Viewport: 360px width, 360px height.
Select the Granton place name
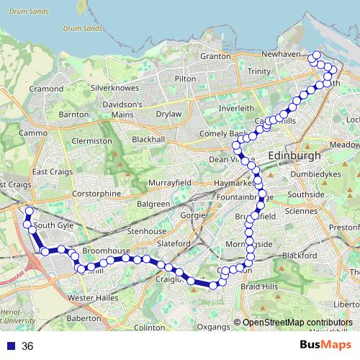(x=215, y=56)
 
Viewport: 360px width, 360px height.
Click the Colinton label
(x=150, y=327)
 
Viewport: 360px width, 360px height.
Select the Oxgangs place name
(x=212, y=327)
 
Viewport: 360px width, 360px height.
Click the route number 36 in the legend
(x=27, y=346)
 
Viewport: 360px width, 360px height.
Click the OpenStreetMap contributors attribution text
(x=297, y=323)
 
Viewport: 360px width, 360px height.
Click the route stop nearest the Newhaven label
(x=315, y=55)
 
